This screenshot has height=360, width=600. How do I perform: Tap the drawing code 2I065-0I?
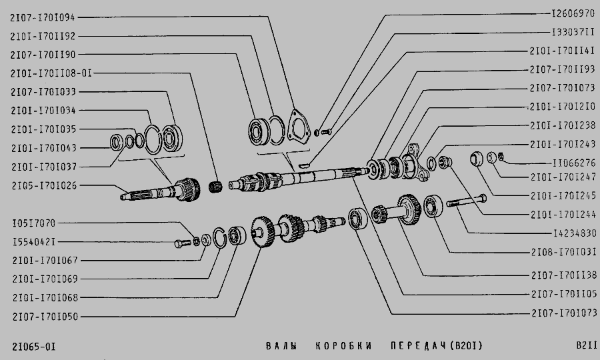pyautogui.click(x=33, y=346)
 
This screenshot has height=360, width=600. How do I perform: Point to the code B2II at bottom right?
pyautogui.click(x=587, y=346)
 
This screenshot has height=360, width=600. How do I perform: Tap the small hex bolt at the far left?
pyautogui.click(x=182, y=243)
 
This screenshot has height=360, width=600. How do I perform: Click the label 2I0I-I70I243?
pyautogui.click(x=563, y=144)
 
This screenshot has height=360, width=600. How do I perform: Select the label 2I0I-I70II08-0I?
pyautogui.click(x=51, y=73)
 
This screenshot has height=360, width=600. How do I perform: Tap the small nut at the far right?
pyautogui.click(x=503, y=158)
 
